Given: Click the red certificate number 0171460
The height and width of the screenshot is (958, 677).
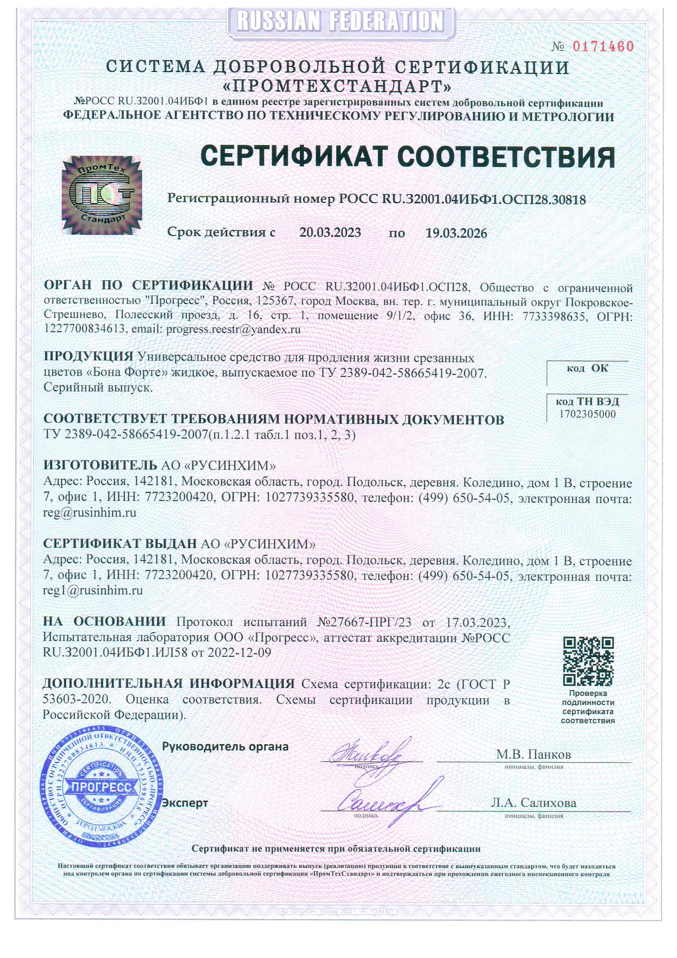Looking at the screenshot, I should click(602, 46).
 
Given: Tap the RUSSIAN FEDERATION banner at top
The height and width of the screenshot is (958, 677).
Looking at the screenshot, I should click(340, 21).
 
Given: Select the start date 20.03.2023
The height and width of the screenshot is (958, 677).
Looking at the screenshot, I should click(330, 232).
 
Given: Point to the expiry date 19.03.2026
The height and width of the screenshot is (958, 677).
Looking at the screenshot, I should click(456, 233).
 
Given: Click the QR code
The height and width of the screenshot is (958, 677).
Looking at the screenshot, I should click(588, 661).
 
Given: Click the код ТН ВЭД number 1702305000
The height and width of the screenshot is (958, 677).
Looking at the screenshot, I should click(587, 414).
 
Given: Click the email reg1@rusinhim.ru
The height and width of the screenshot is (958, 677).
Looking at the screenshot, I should click(93, 590).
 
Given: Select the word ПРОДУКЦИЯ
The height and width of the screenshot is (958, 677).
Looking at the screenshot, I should click(88, 357).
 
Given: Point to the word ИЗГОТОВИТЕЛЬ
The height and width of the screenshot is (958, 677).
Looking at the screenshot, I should click(100, 465).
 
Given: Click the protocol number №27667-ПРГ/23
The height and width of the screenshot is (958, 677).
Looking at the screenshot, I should click(364, 622).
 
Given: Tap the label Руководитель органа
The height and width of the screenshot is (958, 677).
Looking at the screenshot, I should click(225, 747).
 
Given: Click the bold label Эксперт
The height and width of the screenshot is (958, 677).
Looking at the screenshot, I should click(185, 802).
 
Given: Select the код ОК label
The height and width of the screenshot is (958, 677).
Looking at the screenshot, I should click(587, 368).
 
